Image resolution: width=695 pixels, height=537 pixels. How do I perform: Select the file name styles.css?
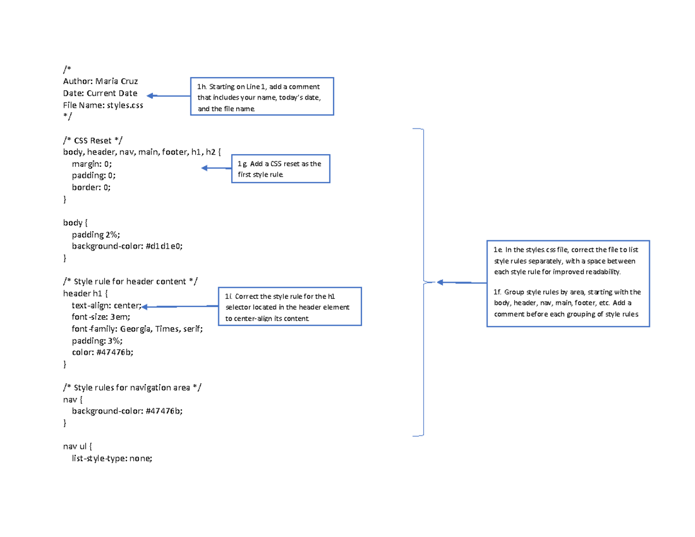(123, 105)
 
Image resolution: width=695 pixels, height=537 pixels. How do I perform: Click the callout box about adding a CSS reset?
(280, 169)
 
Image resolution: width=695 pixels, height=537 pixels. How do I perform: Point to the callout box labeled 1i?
(289, 306)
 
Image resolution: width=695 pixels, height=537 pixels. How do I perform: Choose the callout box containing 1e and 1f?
(568, 283)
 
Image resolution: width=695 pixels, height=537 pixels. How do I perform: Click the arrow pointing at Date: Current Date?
(168, 96)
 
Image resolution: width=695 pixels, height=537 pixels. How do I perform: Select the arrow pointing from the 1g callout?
(216, 168)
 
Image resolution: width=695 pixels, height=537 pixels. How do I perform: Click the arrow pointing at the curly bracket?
(461, 283)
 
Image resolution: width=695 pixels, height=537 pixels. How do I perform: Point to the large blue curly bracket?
(423, 282)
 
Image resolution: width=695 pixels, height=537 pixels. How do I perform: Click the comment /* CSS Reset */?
(93, 140)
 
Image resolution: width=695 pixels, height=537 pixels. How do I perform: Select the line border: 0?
(91, 187)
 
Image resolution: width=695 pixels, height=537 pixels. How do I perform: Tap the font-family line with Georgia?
(137, 329)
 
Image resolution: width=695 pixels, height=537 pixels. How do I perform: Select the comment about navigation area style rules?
(133, 388)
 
